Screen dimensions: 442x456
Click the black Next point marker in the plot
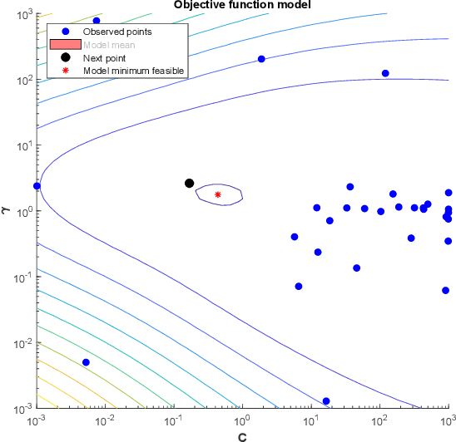pos(189,183)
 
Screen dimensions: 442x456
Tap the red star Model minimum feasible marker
pos(218,194)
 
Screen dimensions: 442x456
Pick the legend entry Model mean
pos(102,45)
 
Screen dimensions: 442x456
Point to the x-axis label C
pos(241,435)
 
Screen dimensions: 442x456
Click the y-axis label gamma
pos(6,212)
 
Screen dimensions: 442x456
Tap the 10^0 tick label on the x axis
pos(241,421)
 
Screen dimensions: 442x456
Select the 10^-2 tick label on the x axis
pos(104,421)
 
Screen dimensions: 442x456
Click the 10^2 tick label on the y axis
pos(22,80)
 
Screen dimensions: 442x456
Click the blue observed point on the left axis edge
pos(37,186)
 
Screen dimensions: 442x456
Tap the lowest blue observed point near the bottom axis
pos(326,401)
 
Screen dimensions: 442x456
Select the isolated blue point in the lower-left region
pos(86,362)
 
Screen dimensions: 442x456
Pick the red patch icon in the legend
pos(64,45)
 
